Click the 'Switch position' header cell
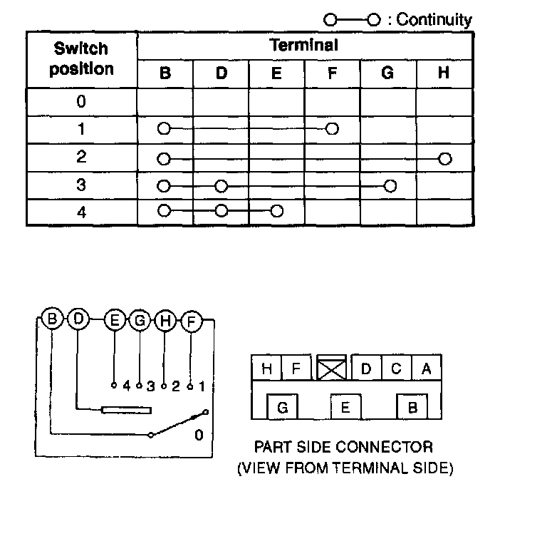pos(81,59)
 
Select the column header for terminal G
pos(388,73)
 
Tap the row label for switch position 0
pos(81,101)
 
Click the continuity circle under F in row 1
pos(332,129)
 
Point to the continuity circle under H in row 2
pos(445,158)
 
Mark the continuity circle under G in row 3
pos(389,186)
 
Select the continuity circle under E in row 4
pos(277,211)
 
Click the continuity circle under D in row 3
pos(221,186)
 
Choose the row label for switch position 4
pos(81,212)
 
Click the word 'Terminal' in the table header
pos(304,46)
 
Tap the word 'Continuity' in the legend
pos(434,20)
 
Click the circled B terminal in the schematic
pos(52,319)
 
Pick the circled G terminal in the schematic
pos(140,321)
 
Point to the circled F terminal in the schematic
pos(191,321)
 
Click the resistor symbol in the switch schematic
pos(127,410)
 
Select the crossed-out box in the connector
pos(332,368)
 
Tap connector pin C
pos(396,369)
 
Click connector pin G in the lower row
pos(282,408)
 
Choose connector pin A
pos(426,369)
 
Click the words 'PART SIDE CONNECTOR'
pos(343,448)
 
